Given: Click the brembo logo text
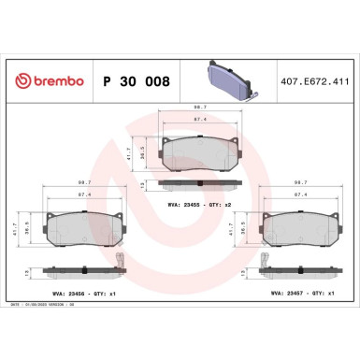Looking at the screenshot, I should point(46,82).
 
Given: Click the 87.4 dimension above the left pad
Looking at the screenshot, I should point(83,194).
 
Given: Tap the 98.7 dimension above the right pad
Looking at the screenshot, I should point(301,183).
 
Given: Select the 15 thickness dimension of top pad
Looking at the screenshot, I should point(142,186).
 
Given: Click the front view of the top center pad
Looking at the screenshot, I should point(194,150).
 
